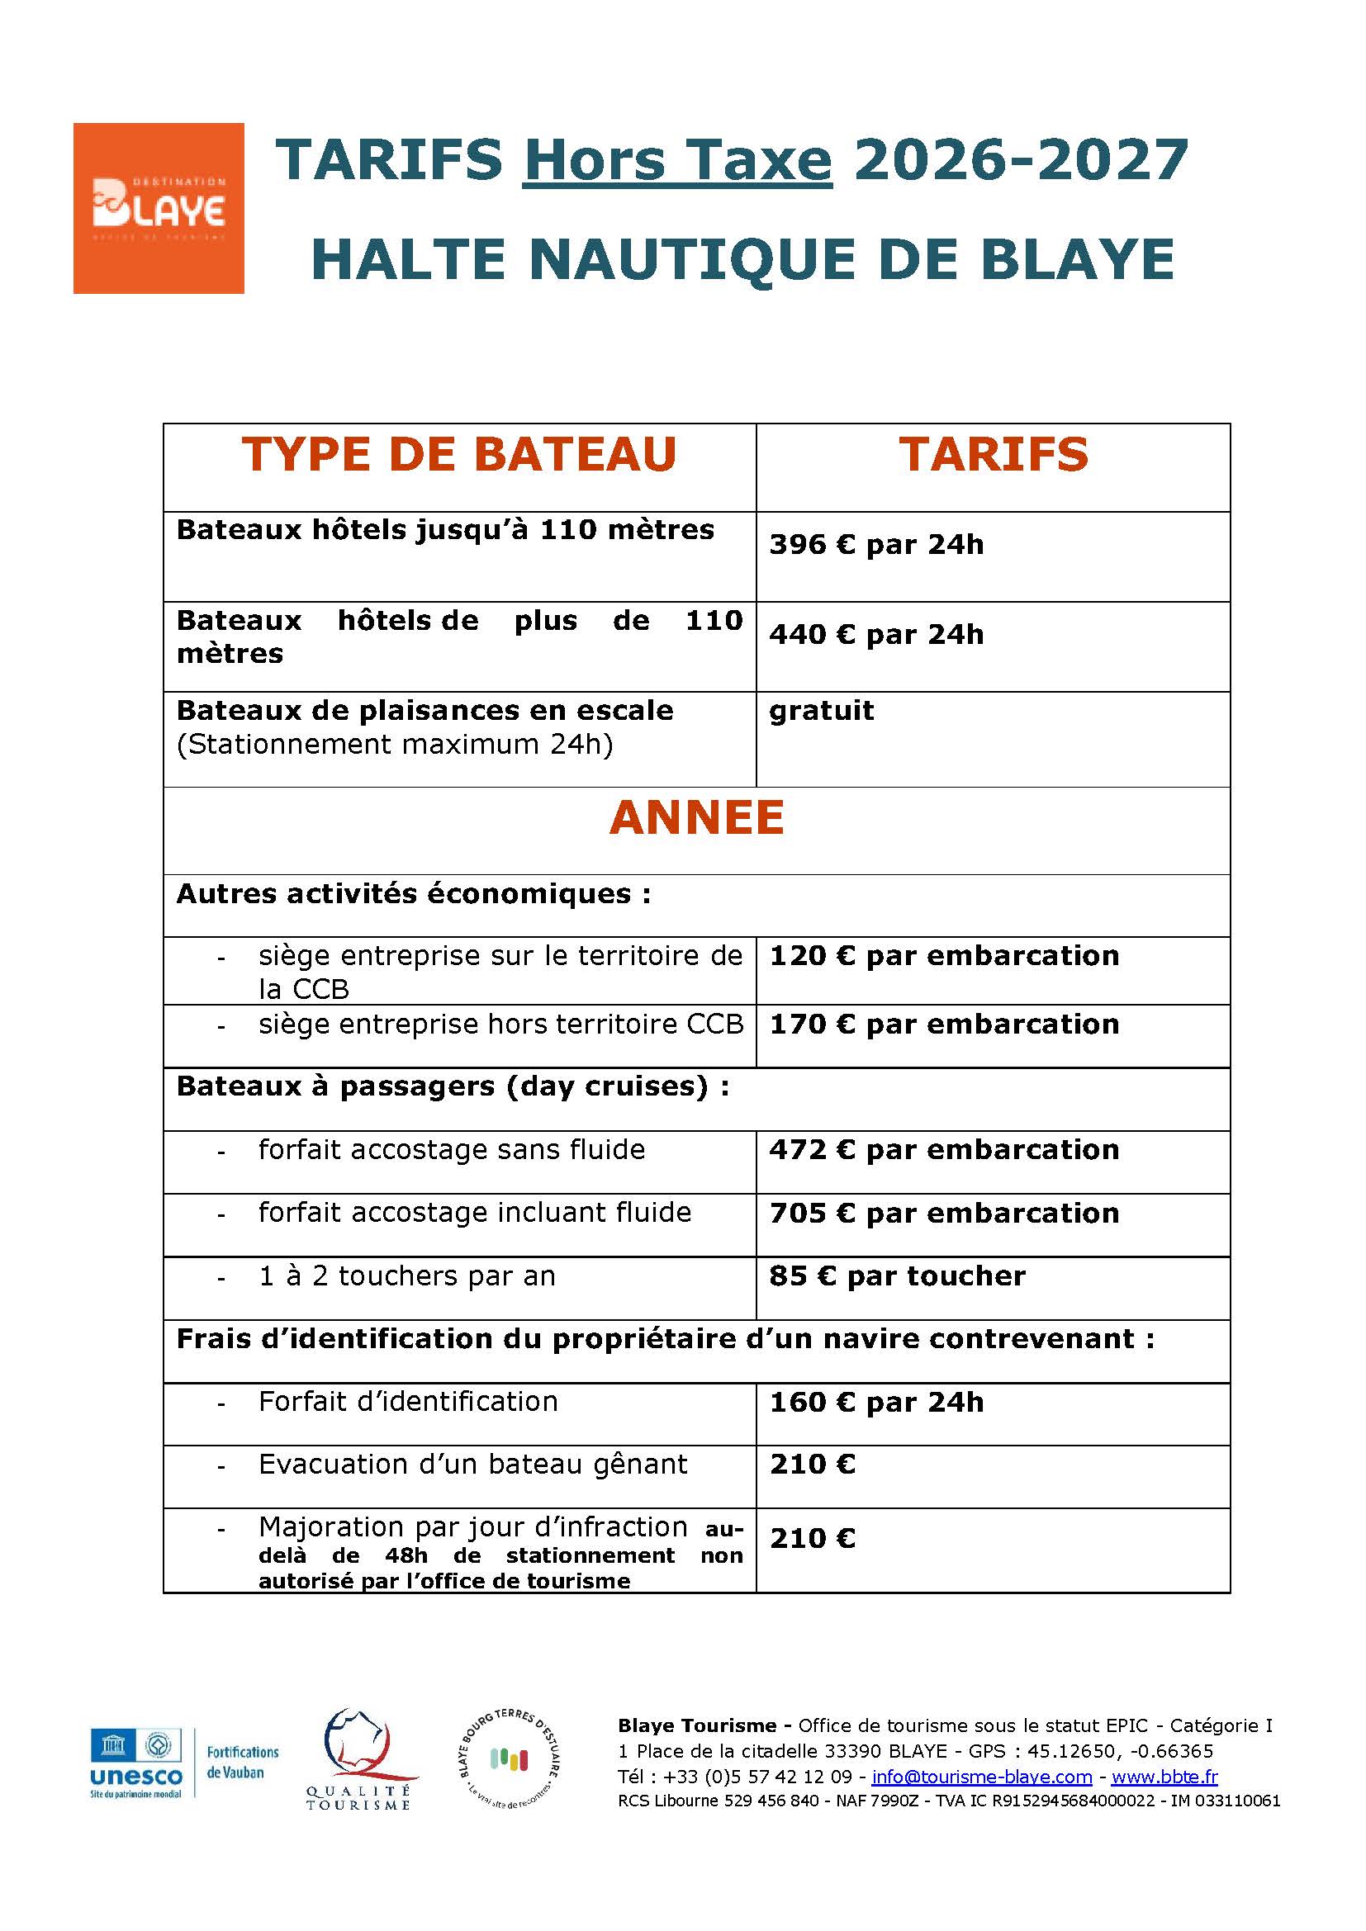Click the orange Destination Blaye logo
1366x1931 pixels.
(x=158, y=208)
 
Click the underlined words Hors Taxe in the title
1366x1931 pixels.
(x=677, y=160)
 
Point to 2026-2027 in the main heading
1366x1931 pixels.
(x=1020, y=160)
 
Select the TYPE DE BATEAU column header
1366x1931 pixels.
(x=459, y=455)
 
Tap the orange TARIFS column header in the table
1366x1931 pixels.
(x=993, y=455)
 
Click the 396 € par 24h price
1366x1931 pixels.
(x=875, y=545)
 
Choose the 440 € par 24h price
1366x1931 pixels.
(x=875, y=634)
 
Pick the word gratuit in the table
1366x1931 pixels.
(x=821, y=711)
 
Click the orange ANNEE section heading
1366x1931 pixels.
(x=696, y=817)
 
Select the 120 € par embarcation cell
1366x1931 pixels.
(x=944, y=956)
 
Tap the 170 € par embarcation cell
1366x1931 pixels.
(x=944, y=1025)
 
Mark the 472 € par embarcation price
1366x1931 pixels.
(x=944, y=1150)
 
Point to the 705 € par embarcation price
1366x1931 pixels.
(x=944, y=1214)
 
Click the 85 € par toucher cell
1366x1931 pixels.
(x=897, y=1276)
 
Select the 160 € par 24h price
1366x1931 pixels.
(x=875, y=1402)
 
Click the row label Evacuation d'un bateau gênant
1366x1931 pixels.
(x=472, y=1465)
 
